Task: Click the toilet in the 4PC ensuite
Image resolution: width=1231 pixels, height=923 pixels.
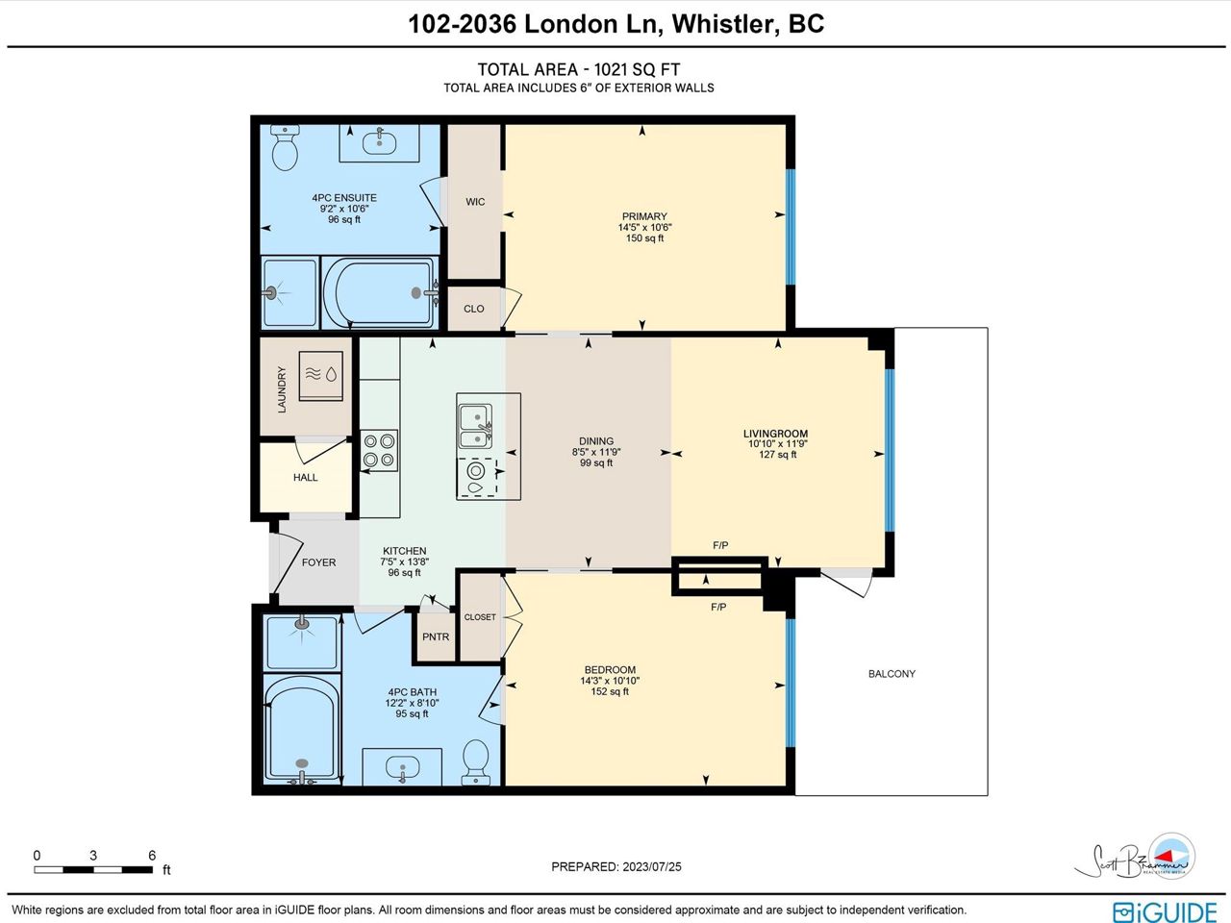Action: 285,147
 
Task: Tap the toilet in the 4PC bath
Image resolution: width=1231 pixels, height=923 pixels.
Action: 476,762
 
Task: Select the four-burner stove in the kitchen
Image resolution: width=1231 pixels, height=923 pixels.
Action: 379,451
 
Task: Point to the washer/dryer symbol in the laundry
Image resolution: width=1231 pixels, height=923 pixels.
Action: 321,376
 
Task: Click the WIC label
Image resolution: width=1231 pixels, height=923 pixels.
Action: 475,202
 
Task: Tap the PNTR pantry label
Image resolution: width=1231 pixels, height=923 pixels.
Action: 436,636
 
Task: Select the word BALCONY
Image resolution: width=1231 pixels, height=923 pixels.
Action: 892,674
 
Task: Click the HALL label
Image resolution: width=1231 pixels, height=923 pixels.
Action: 306,478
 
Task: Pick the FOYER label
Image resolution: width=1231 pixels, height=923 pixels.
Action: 319,562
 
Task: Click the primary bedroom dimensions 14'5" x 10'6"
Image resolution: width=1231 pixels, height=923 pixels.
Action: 645,228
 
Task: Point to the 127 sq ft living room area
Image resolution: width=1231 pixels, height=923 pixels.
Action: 778,455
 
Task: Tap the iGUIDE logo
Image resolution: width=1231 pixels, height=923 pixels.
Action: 1166,911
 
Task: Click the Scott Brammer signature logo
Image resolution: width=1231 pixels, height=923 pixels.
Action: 1135,857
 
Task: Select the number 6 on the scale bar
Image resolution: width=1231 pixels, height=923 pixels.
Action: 152,855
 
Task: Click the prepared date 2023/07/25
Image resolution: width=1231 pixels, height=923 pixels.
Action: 652,867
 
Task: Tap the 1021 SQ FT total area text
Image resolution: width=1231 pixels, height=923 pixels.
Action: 637,69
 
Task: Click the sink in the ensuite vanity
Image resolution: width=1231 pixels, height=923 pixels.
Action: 380,142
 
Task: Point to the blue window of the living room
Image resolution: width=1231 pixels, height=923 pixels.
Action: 890,450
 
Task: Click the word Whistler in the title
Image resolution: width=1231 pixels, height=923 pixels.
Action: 725,24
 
